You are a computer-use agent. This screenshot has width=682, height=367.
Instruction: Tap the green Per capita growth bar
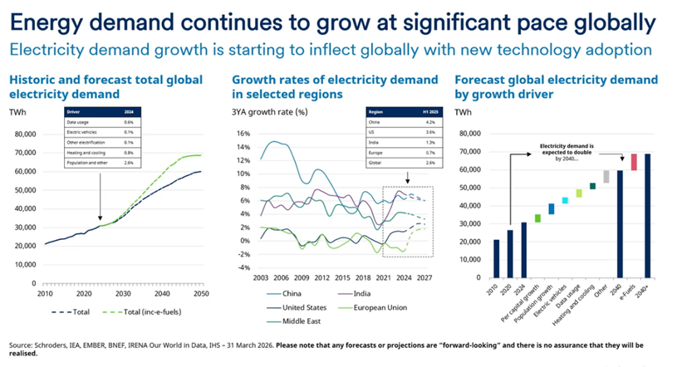(x=537, y=218)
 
